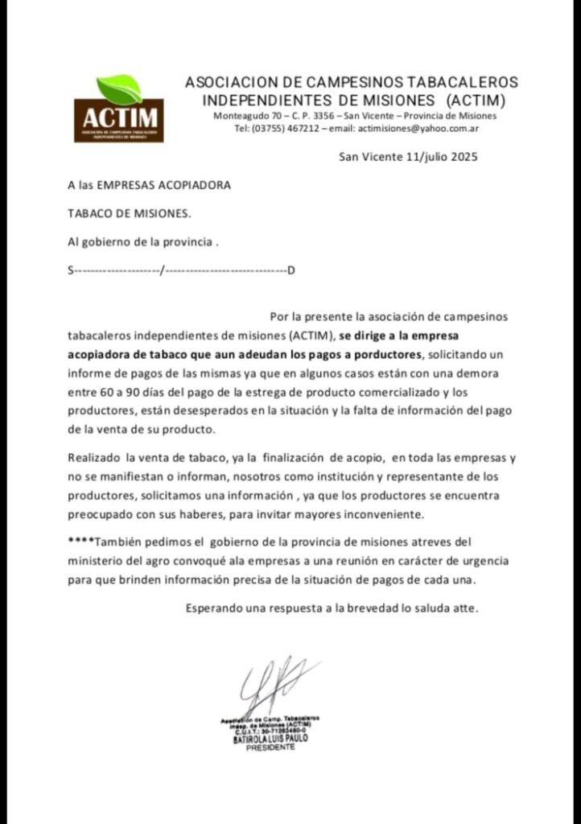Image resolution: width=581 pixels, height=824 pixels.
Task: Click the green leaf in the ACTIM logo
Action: click(119, 88)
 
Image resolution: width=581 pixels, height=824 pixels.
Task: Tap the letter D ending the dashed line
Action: click(291, 270)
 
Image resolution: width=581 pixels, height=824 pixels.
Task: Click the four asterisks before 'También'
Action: click(82, 541)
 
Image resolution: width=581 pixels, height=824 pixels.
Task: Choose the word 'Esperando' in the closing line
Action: click(214, 608)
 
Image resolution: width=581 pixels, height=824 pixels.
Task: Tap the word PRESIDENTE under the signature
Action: click(270, 747)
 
